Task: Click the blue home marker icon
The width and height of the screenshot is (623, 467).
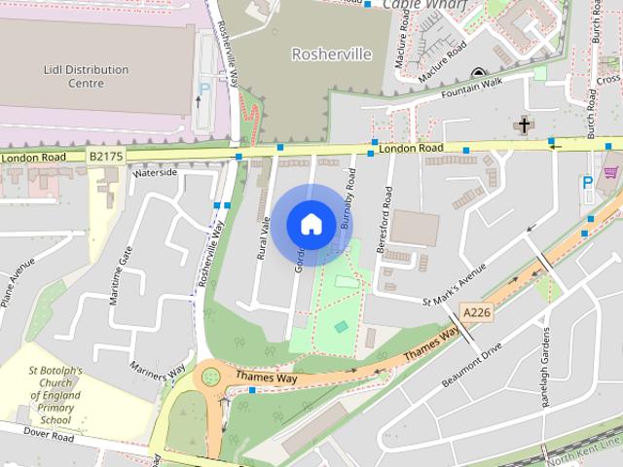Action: pos(311,224)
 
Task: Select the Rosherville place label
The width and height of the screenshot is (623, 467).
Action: pos(332,54)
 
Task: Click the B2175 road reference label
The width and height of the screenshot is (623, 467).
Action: pos(107,155)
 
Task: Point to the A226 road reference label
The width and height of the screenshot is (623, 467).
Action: pos(474,312)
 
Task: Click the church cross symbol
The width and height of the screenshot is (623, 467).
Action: pos(525,125)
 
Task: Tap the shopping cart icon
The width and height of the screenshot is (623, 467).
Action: pos(610,172)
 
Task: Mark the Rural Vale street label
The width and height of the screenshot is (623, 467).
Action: pos(262,236)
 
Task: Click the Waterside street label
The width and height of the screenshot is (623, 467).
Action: pos(157,172)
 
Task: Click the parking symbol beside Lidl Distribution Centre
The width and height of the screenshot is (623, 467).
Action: pos(204,89)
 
